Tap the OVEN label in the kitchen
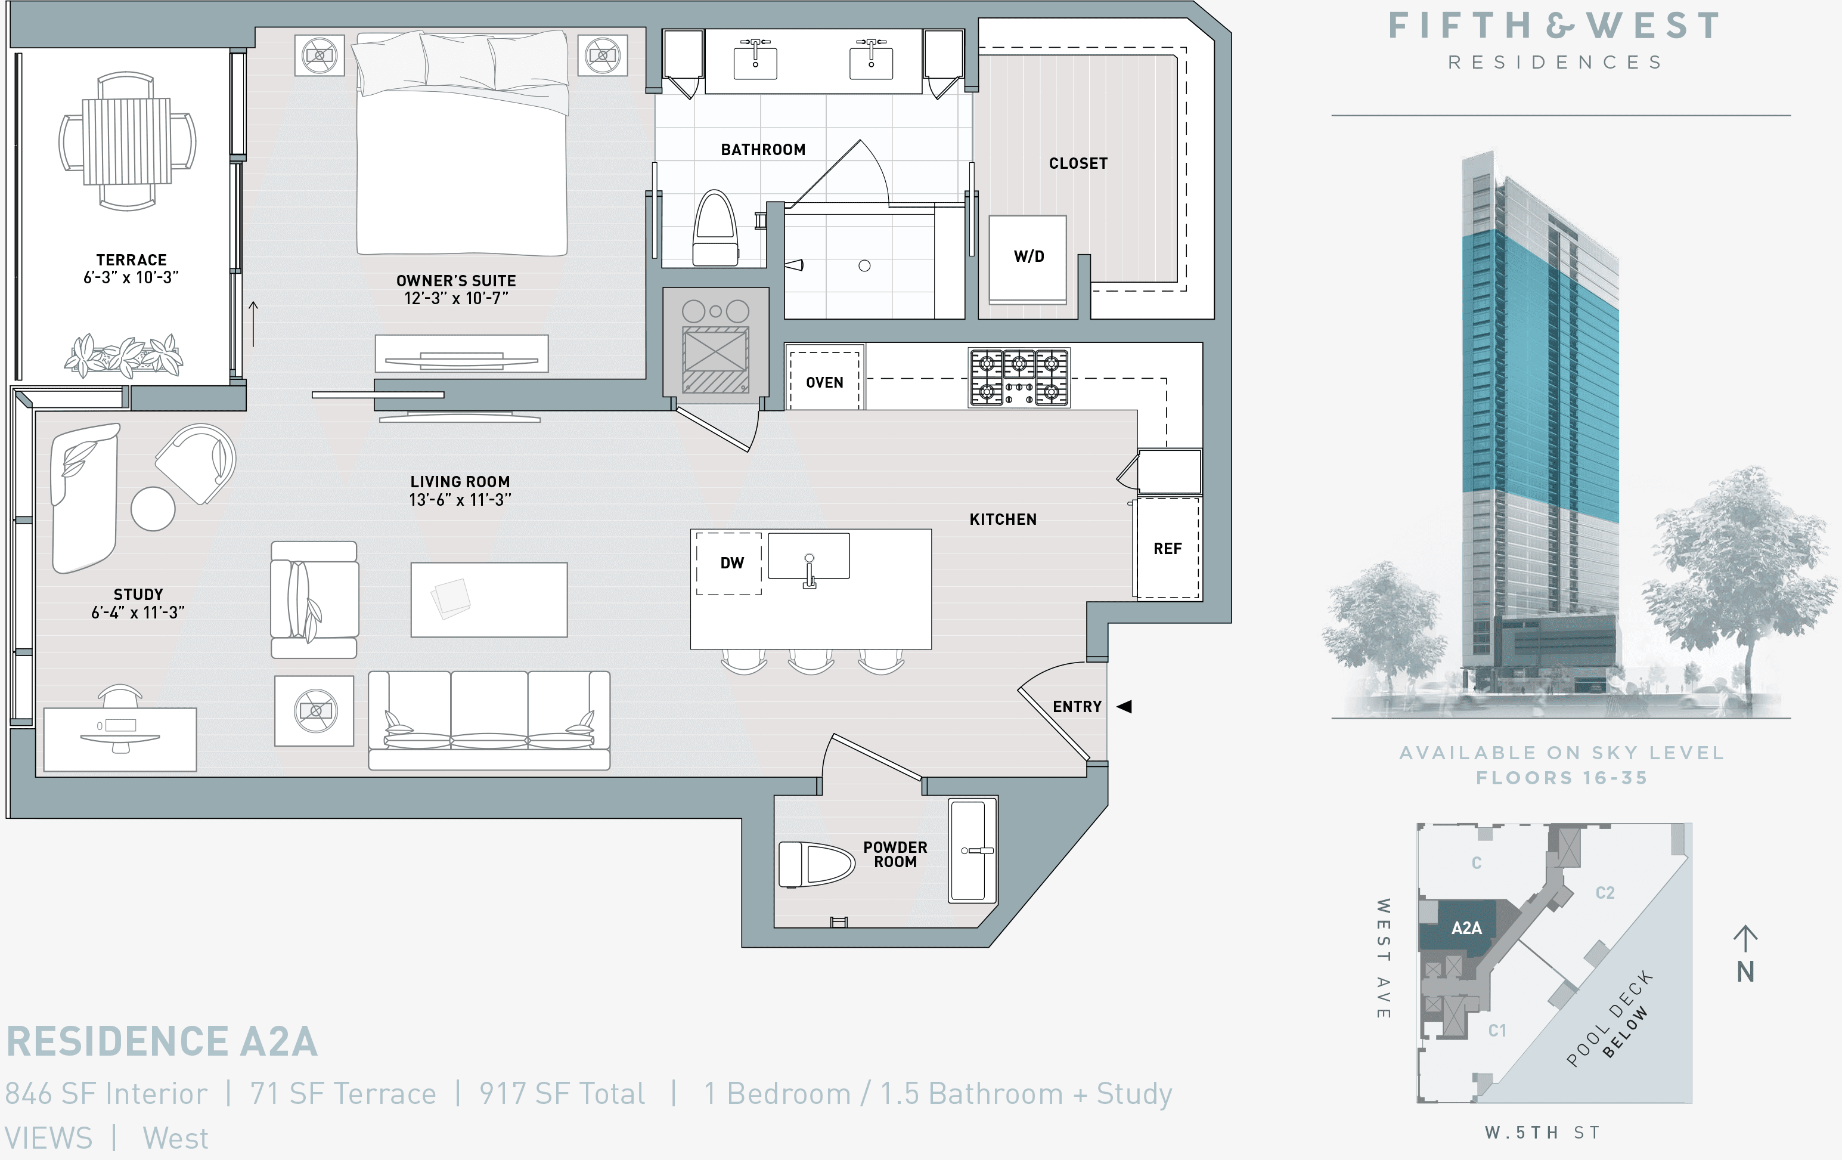[824, 382]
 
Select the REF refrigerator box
[1167, 548]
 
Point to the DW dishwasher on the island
[730, 563]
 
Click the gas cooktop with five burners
[1019, 378]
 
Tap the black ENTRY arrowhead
[1124, 706]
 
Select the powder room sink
[972, 850]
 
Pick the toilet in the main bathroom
[715, 229]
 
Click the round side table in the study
[153, 509]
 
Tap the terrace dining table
[127, 141]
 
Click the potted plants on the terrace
[124, 356]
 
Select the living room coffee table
[489, 600]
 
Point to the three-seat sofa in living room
[489, 719]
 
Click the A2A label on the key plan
[1466, 928]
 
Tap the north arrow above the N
[1745, 938]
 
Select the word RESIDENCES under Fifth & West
[1555, 62]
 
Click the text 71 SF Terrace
[343, 1093]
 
